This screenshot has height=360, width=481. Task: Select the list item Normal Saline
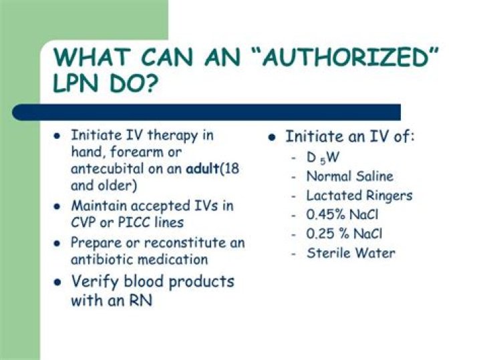pos(349,177)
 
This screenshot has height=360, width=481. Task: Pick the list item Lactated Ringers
pos(359,196)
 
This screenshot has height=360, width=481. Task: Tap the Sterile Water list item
pos(351,253)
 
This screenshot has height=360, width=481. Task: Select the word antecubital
pos(106,169)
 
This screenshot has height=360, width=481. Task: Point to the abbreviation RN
pos(141,301)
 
